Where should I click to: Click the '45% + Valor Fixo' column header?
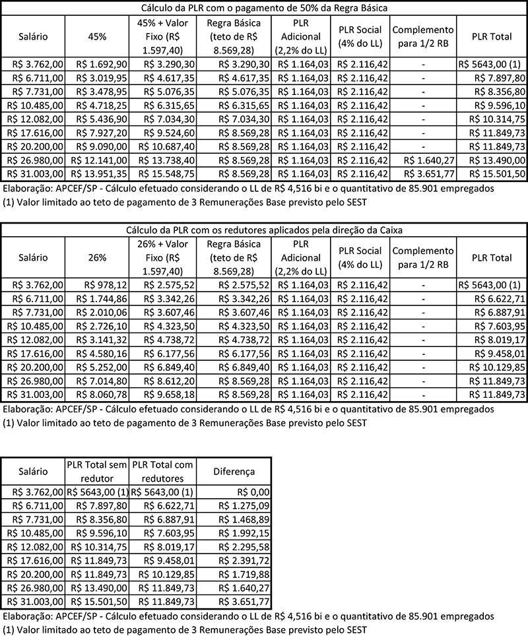point(162,37)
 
